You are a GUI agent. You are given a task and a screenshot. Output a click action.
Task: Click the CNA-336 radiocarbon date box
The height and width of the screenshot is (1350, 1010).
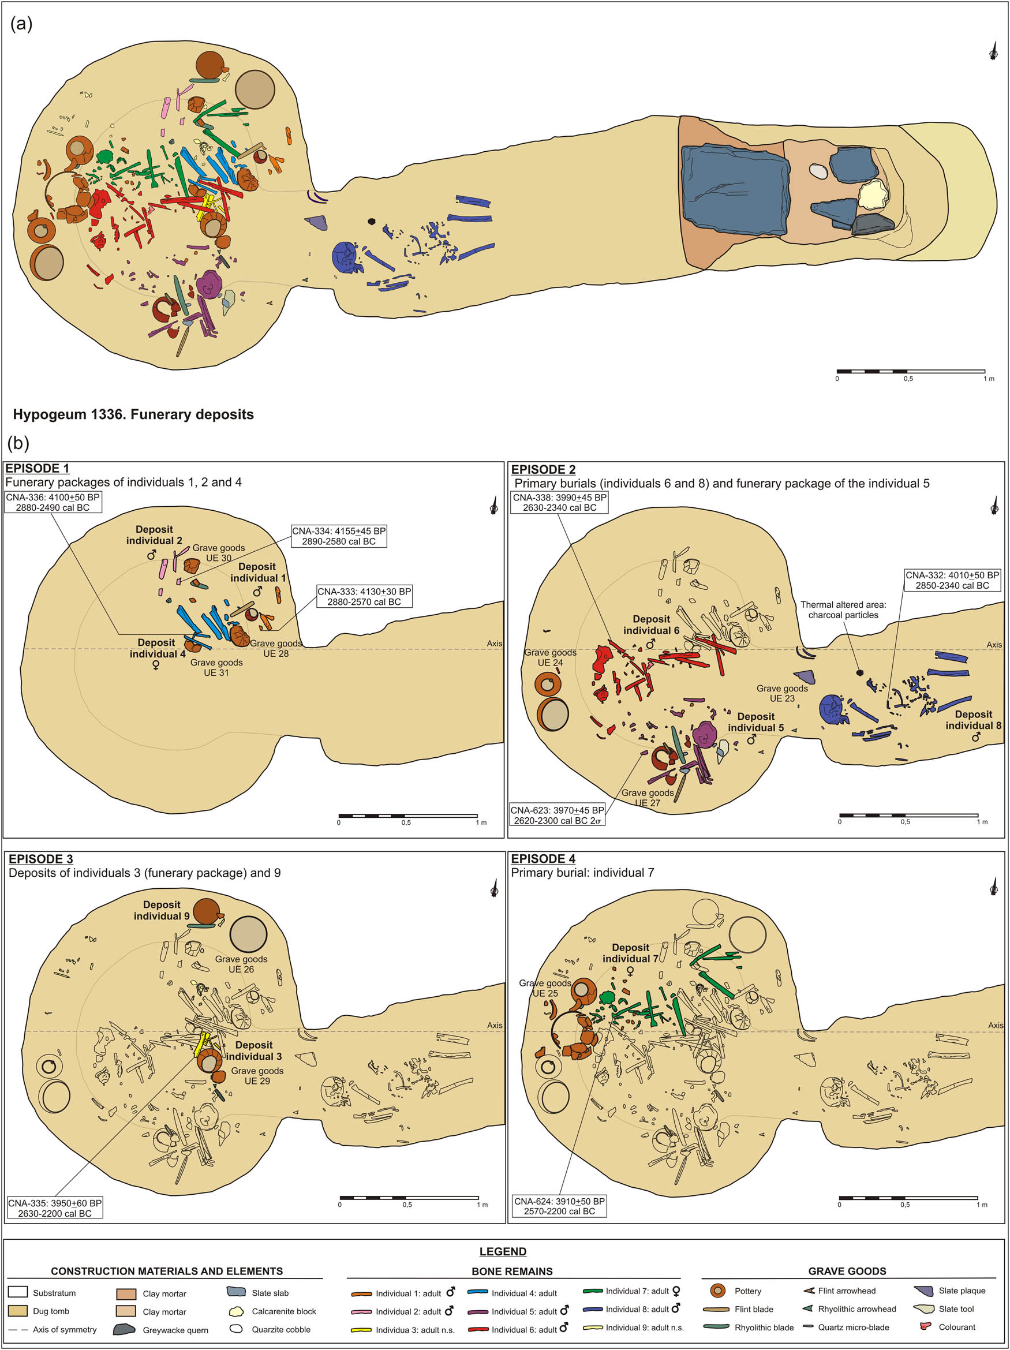coord(53,502)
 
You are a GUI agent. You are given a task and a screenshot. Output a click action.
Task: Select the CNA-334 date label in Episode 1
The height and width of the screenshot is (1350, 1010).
coord(339,536)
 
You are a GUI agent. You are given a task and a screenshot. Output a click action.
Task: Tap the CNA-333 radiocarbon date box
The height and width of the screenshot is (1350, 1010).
coord(364,596)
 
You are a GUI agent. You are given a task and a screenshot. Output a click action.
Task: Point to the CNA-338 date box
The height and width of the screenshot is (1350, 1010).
coord(559,502)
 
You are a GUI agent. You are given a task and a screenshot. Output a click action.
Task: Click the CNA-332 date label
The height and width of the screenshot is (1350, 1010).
coord(952,580)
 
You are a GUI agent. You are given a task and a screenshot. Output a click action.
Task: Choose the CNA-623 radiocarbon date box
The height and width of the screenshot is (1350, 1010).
coord(556,816)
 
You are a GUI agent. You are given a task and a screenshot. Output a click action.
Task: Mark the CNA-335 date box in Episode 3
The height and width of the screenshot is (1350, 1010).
coord(55,1208)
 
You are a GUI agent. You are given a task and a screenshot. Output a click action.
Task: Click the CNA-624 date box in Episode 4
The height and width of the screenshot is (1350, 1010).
coord(559,1206)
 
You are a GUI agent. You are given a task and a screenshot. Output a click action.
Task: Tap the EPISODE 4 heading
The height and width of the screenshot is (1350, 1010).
coord(543,859)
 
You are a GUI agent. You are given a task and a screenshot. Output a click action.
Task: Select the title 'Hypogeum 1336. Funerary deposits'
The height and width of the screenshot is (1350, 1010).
coord(133,414)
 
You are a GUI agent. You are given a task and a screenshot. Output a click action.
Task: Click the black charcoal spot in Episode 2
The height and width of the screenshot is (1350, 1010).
coord(860,672)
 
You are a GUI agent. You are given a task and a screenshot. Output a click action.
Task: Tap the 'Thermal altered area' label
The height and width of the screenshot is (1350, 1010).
coord(843,609)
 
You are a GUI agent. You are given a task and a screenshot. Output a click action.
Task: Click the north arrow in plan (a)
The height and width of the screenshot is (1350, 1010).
coord(993,52)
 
